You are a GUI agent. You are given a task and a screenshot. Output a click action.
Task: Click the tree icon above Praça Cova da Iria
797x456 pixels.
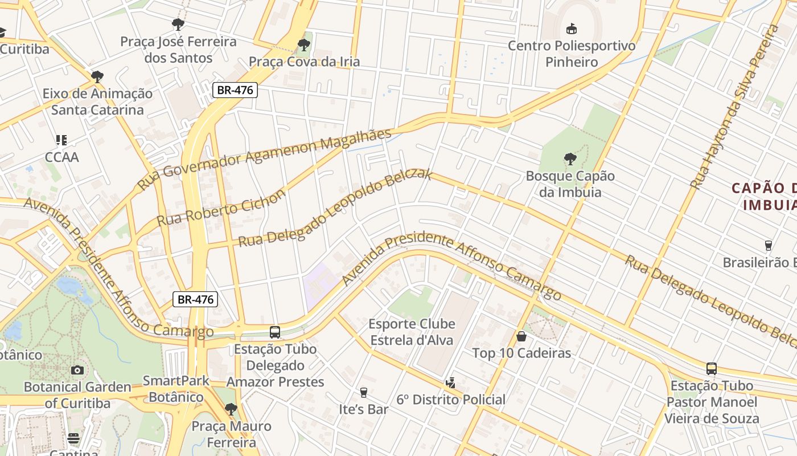(304, 44)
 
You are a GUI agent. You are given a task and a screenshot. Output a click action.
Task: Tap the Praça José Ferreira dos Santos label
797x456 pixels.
(178, 50)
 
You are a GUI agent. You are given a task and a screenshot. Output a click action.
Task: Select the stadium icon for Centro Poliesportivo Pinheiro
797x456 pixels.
(571, 28)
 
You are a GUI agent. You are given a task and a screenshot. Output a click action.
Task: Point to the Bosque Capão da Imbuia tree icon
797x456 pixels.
(570, 159)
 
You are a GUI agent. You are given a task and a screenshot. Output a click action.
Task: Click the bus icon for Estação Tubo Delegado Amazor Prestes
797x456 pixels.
(275, 332)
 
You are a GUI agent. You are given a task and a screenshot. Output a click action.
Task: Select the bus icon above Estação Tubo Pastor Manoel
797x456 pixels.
(712, 368)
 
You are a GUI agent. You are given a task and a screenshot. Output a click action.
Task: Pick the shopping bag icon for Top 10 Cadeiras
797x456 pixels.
(521, 336)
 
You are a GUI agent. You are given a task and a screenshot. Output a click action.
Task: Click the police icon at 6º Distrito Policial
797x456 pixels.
(451, 382)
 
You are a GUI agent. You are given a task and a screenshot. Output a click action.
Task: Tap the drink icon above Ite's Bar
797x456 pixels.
(364, 392)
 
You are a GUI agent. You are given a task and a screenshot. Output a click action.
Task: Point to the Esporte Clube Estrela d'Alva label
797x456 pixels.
(412, 332)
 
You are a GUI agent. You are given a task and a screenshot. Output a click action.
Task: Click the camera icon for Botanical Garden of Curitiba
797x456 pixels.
(77, 370)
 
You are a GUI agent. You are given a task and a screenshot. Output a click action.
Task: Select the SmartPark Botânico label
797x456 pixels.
(176, 389)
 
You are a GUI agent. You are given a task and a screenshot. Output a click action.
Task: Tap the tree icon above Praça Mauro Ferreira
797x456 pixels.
(231, 409)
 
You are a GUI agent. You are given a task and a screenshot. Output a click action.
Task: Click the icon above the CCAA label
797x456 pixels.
(61, 140)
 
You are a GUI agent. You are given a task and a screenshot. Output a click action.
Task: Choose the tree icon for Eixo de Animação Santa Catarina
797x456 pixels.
(97, 76)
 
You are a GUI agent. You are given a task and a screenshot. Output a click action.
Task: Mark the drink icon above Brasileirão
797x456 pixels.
(768, 246)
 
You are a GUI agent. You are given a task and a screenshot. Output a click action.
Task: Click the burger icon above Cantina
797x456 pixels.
(73, 438)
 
